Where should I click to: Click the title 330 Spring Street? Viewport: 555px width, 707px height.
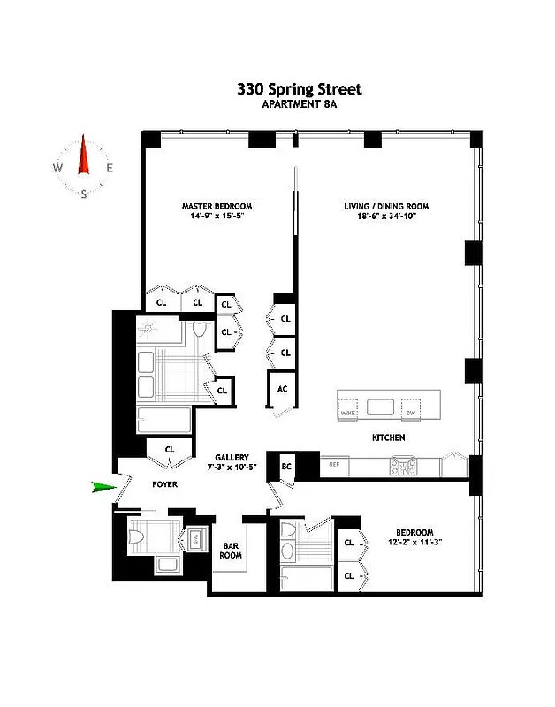tap(299, 89)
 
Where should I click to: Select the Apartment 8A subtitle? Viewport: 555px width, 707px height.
tap(299, 104)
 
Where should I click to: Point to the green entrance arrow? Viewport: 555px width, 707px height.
tap(104, 485)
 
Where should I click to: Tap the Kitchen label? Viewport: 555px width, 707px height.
tap(388, 437)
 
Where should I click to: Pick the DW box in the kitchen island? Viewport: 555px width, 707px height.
tap(409, 413)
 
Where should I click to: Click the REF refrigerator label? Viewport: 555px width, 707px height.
tap(334, 463)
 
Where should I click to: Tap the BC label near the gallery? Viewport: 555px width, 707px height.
tap(286, 466)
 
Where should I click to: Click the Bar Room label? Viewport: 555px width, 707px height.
tap(231, 551)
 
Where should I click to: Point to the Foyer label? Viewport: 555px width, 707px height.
tap(164, 484)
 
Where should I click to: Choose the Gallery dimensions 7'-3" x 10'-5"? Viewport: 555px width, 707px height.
tap(232, 467)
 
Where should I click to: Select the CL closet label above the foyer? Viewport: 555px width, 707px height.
tap(171, 449)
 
